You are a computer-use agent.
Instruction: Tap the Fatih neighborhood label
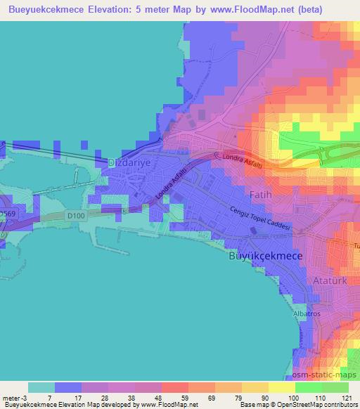(257, 192)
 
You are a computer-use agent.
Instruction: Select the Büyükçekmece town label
(266, 257)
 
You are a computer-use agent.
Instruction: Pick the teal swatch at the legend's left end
(41, 387)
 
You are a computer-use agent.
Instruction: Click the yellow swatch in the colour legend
(281, 387)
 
